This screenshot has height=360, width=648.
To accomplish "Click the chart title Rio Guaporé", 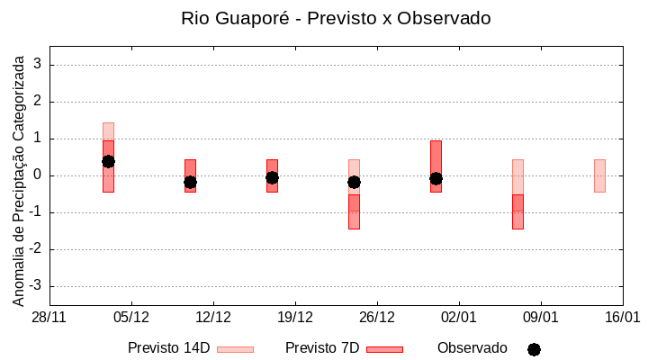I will (x=336, y=18).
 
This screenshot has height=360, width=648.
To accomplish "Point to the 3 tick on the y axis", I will (x=38, y=65).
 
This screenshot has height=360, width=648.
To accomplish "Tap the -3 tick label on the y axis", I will (x=35, y=286).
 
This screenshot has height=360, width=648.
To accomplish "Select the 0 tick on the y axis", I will (x=38, y=175).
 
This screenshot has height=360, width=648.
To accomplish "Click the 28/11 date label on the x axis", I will (x=49, y=318).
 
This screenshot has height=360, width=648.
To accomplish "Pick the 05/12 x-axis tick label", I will (x=131, y=318).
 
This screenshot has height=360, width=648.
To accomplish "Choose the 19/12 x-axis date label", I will (x=295, y=318).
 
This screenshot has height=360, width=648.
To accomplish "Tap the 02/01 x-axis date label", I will (x=459, y=318).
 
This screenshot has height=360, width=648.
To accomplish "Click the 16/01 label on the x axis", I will (x=622, y=318).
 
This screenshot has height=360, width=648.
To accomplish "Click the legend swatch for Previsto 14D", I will (x=235, y=349).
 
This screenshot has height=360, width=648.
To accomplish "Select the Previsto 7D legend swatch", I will (x=384, y=349).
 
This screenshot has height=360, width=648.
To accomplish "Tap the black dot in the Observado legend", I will (x=534, y=349).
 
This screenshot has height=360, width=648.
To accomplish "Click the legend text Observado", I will (x=472, y=347).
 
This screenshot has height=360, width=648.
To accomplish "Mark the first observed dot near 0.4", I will (x=108, y=161).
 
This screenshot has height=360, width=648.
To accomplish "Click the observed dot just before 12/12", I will (x=190, y=182).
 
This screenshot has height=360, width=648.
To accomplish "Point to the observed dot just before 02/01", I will (x=436, y=178).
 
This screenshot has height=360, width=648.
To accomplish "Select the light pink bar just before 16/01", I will (x=599, y=175).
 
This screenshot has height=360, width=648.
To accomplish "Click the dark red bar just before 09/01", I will (x=517, y=211).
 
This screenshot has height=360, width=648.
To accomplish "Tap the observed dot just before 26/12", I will (x=354, y=182).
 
